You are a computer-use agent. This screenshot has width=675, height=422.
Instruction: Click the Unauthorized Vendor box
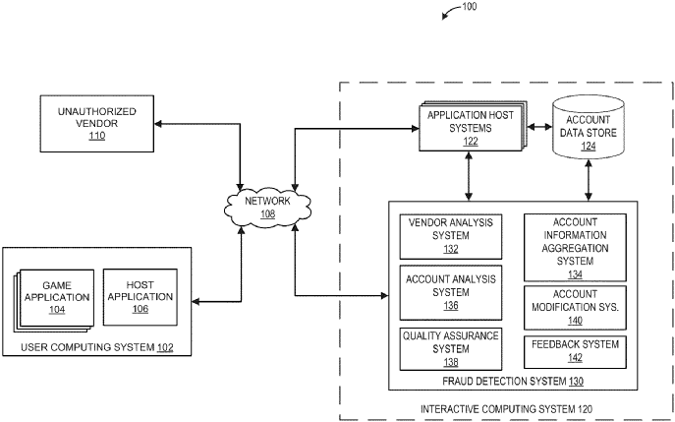coord(95,123)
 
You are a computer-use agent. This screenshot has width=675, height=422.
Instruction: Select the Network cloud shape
coord(268,206)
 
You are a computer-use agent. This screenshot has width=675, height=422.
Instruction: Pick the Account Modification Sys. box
coord(575,306)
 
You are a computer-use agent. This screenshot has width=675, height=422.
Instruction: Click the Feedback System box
coord(575,349)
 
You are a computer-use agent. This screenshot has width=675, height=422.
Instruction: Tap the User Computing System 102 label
coord(98,348)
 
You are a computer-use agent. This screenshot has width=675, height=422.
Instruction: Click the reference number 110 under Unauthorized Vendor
coord(95,136)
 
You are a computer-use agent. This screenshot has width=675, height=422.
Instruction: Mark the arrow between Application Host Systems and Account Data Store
coord(535,127)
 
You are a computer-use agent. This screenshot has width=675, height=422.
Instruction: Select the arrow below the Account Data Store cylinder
coord(590,181)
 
